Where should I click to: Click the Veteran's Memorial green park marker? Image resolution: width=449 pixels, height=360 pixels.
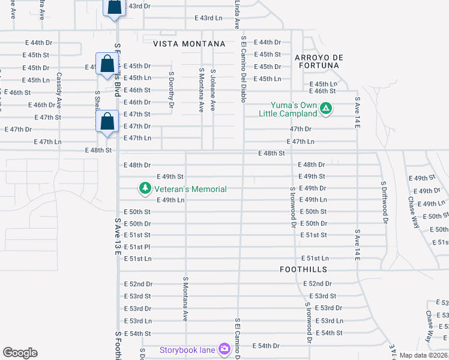point(145,188)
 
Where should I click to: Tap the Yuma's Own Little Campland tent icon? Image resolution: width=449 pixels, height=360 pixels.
point(326,109)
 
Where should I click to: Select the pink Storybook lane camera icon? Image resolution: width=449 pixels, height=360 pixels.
point(224,349)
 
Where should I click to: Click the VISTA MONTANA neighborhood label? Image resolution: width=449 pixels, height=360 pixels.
point(189,44)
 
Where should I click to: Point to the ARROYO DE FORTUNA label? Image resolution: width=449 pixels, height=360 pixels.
point(318,62)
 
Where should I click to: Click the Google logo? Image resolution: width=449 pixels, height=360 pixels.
point(20,353)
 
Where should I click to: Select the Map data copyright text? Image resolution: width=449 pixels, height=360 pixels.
point(423,355)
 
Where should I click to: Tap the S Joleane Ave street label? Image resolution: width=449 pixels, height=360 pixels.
point(213,90)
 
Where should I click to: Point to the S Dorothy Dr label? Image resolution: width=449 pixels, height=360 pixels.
point(171,90)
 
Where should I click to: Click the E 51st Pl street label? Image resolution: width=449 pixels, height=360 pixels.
point(137,247)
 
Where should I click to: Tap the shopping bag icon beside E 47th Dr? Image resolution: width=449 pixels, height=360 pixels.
point(107,121)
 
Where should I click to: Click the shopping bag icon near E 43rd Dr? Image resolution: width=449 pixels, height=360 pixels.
point(113,7)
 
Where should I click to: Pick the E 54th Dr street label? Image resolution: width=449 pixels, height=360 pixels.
point(267,346)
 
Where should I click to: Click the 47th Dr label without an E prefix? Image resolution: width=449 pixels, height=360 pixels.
point(301,129)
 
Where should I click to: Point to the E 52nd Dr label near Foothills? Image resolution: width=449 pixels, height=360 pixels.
point(318,283)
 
